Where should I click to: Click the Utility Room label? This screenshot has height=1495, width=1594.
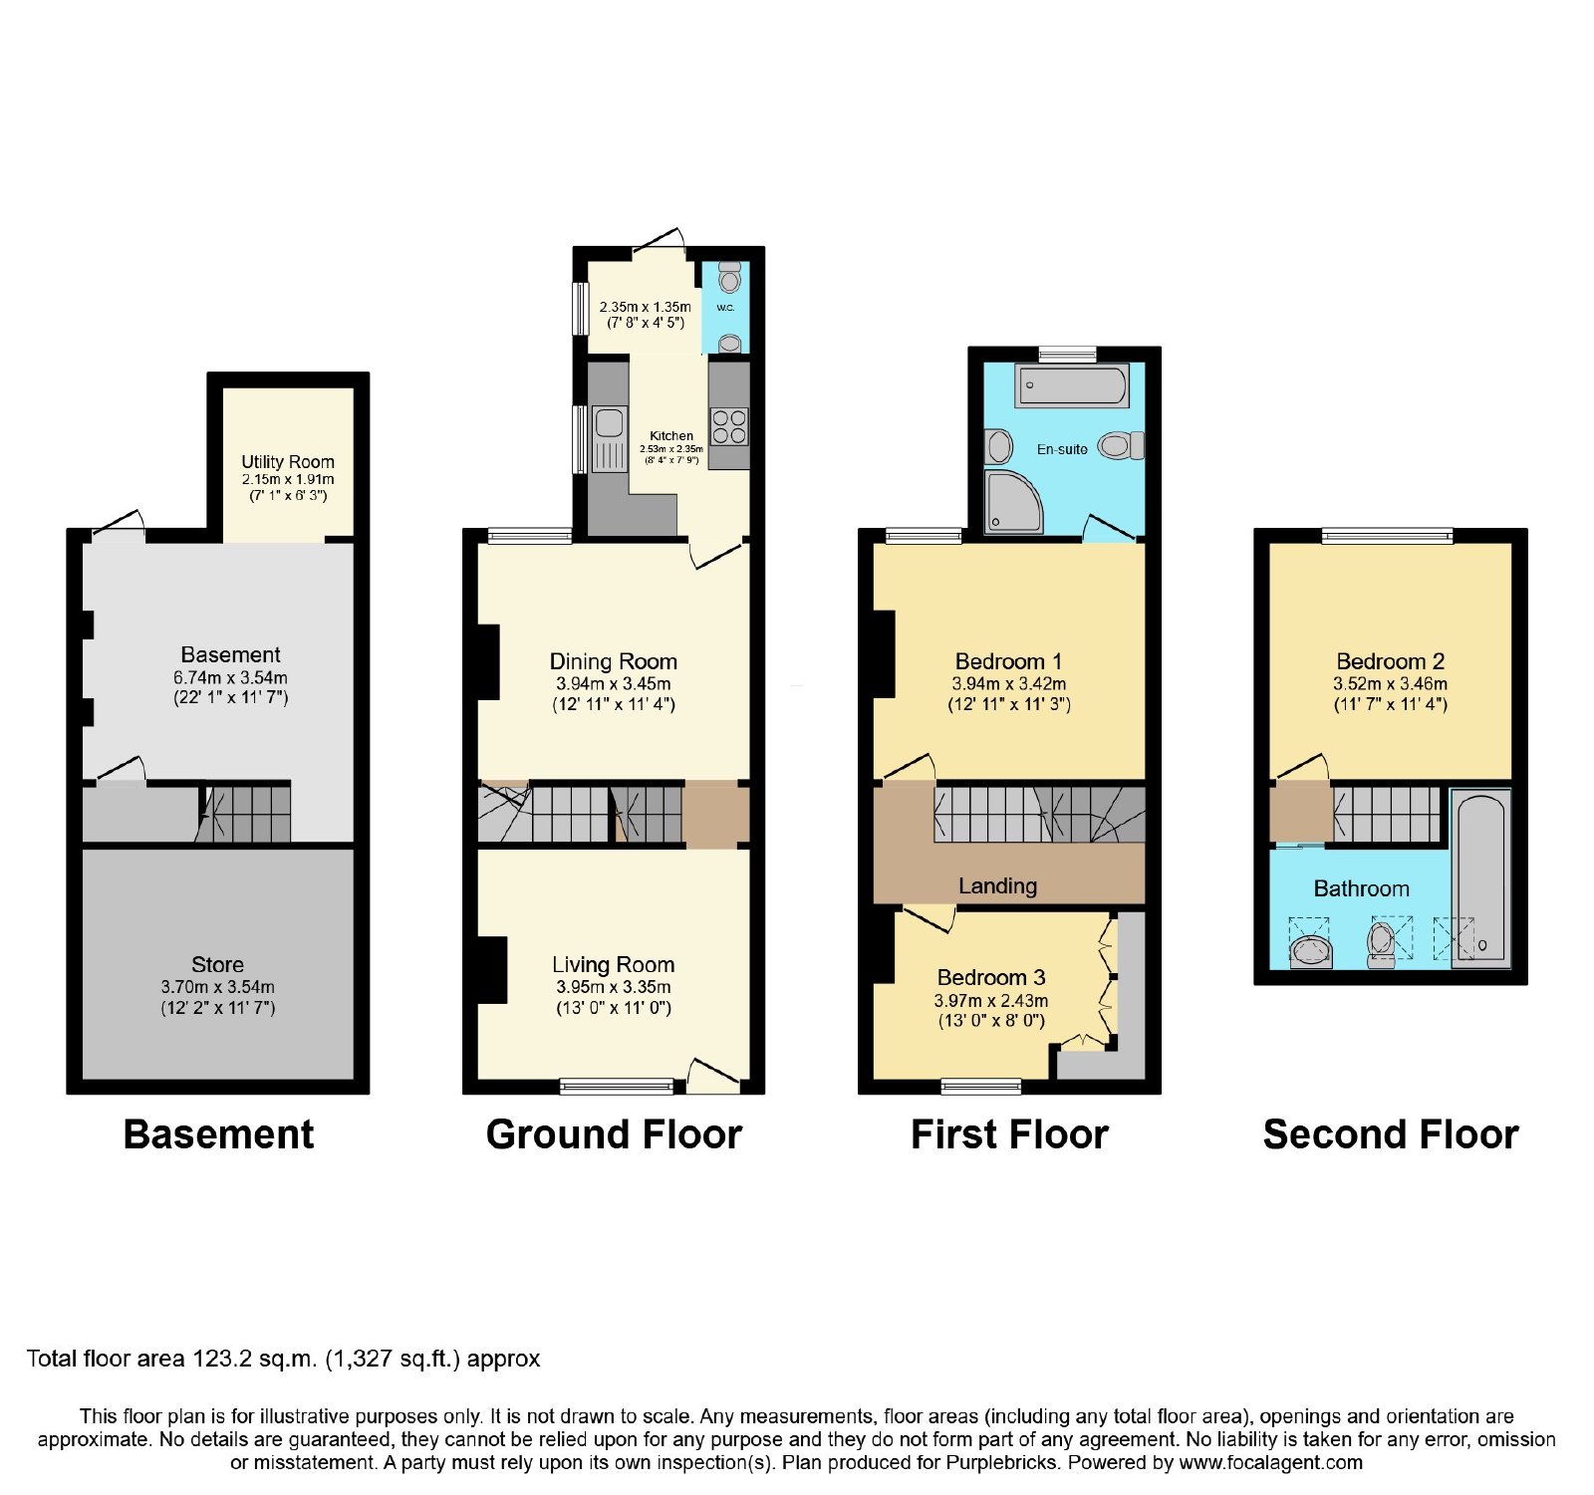click(x=288, y=462)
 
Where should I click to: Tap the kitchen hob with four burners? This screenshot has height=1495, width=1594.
click(x=729, y=427)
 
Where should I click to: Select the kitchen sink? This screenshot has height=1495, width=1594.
click(x=609, y=438)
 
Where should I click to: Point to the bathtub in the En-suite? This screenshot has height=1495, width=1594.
click(x=1072, y=385)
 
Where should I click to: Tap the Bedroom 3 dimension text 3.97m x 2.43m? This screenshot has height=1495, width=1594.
click(x=990, y=1001)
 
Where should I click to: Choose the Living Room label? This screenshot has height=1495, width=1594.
click(x=614, y=965)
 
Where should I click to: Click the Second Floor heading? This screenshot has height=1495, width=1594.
click(x=1391, y=1134)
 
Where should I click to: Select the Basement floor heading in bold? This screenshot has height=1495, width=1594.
click(x=218, y=1134)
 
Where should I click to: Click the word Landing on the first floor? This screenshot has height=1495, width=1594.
click(x=997, y=886)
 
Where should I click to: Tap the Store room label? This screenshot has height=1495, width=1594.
click(x=217, y=965)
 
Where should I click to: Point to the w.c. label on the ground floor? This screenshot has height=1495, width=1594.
click(x=725, y=308)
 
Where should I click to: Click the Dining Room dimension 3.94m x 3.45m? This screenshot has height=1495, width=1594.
click(x=614, y=684)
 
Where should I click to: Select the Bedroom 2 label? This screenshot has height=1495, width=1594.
click(x=1391, y=661)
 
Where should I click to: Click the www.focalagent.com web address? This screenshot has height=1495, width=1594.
click(x=1271, y=1463)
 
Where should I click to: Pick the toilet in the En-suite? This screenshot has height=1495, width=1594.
click(x=1121, y=445)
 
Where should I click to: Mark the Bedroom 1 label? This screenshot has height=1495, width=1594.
click(x=1008, y=661)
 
